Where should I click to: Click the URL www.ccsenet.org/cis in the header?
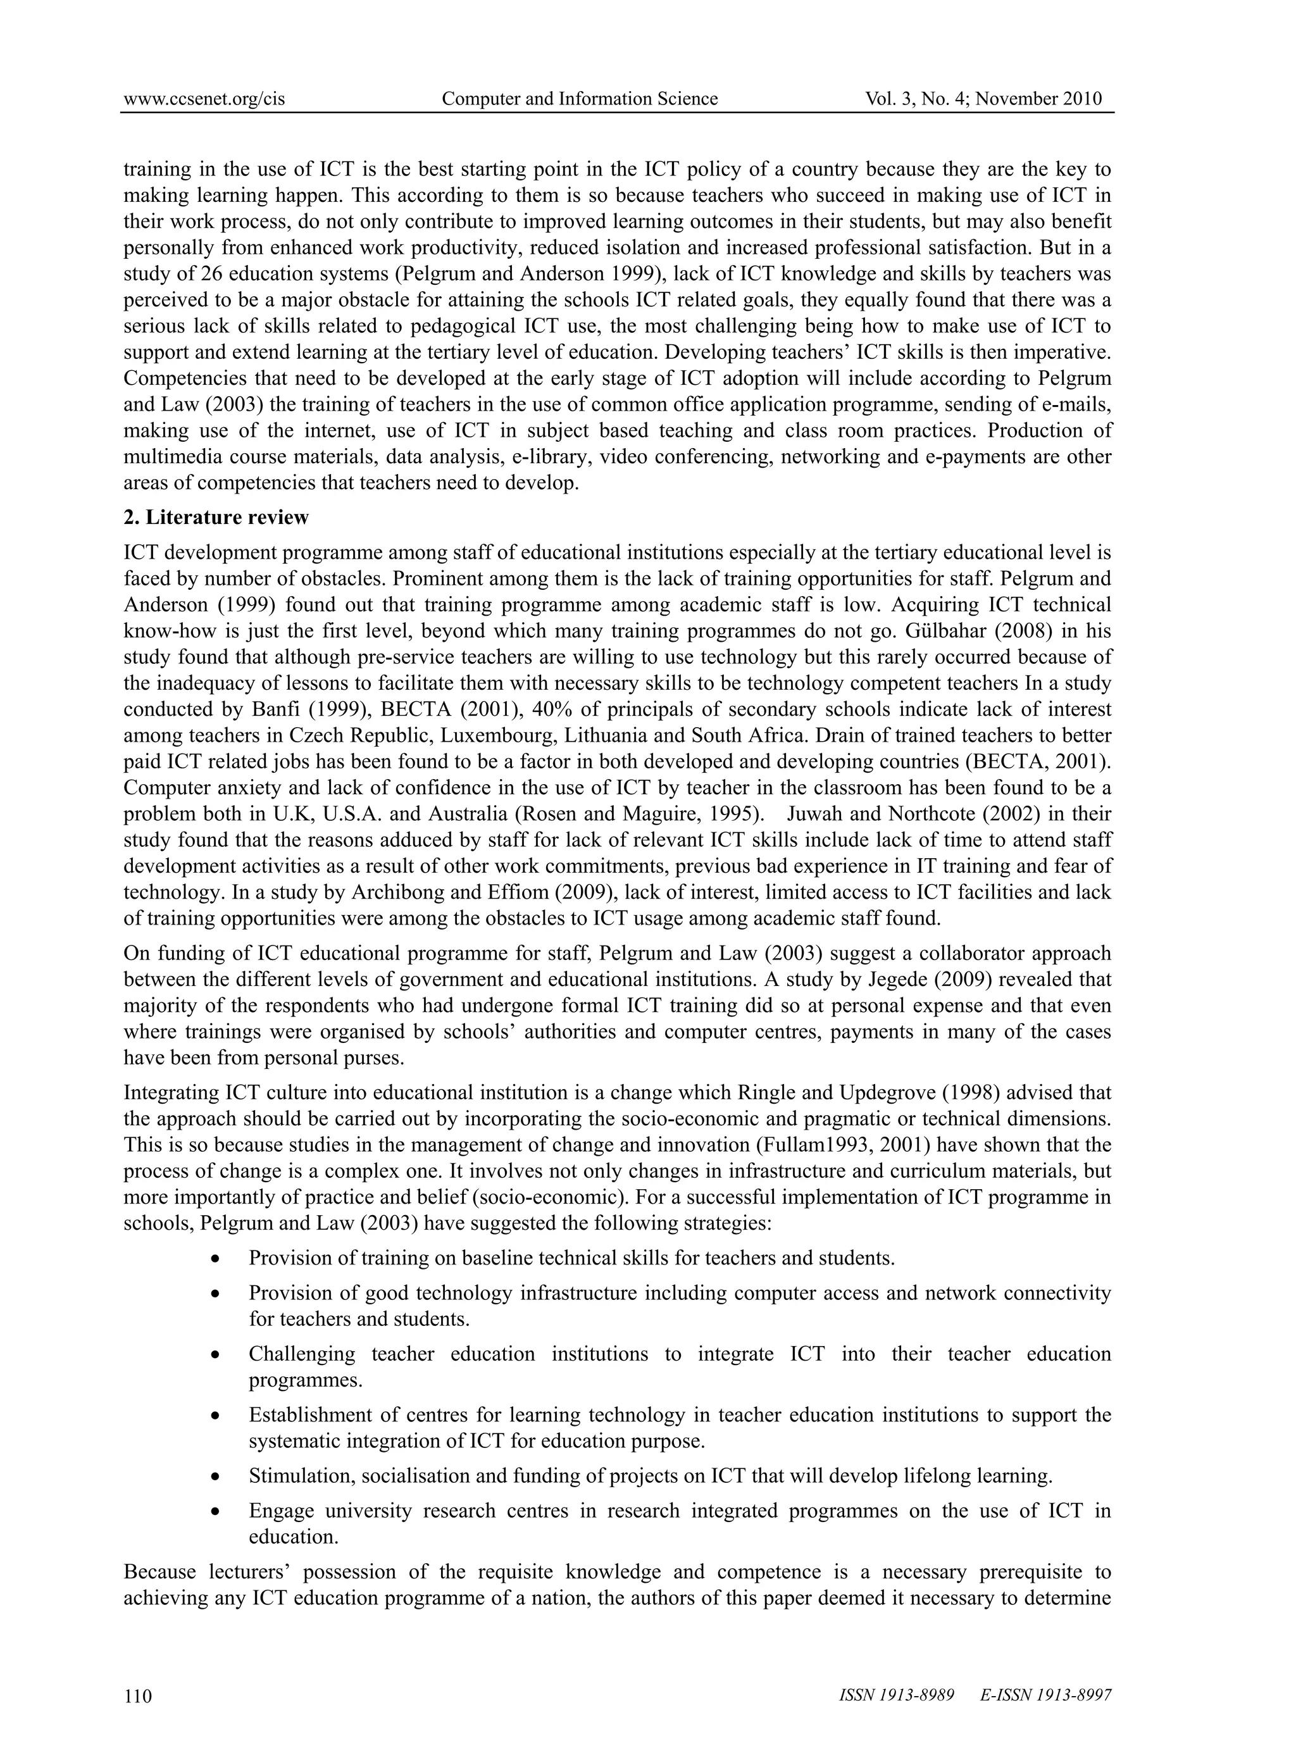204,99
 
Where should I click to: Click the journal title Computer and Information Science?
580,99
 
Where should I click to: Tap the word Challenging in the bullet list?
301,1354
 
